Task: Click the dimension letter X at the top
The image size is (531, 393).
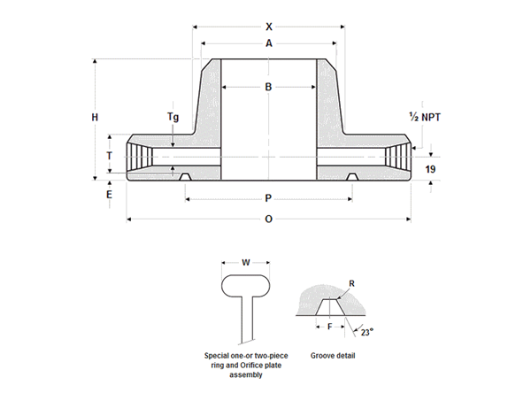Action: point(268,26)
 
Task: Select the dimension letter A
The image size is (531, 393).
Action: point(268,43)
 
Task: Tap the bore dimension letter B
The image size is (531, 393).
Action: point(268,86)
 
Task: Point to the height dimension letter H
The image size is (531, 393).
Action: point(95,117)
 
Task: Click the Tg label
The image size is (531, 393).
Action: point(173,117)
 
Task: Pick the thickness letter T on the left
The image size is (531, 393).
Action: point(110,156)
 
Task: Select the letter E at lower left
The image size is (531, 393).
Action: point(110,193)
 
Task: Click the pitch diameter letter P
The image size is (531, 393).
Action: point(268,198)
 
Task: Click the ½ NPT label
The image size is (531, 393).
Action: point(425,117)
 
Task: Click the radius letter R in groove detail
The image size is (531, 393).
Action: point(351,284)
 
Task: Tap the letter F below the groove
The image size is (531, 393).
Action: point(331,327)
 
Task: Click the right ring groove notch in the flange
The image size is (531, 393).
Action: point(352,177)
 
